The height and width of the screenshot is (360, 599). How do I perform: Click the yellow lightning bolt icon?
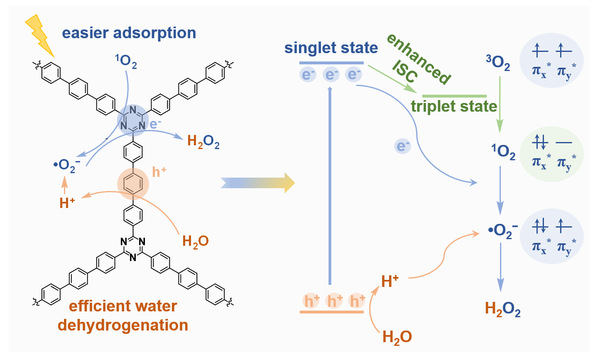pos(40,35)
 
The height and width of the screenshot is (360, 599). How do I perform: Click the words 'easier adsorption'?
pos(129,33)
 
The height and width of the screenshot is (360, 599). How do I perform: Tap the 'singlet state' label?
pos(331,48)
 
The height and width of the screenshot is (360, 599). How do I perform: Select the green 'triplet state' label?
pos(454,106)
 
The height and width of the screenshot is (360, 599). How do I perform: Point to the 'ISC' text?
pos(404,72)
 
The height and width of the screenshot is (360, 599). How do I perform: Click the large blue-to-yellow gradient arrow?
pos(258,183)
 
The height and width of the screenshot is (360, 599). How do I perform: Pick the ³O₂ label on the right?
pos(498,62)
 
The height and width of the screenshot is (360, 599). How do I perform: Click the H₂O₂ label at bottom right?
pos(503,309)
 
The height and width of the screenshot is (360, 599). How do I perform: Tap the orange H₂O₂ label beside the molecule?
pos(203,141)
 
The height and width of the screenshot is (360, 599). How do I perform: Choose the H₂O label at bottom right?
pos(397,337)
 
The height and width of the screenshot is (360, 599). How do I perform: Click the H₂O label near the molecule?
pos(195,241)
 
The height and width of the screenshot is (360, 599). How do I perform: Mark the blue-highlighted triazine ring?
pos(133,120)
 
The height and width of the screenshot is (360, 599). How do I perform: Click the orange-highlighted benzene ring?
pos(133,184)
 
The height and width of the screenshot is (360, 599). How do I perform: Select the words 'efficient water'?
pos(123,306)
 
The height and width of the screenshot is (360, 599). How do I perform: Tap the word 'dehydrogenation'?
pos(123,325)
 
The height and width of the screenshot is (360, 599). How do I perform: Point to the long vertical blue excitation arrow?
pos(330,186)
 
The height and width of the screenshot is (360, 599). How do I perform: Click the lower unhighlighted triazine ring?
pos(133,247)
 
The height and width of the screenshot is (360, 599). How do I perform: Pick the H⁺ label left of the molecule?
pos(67,203)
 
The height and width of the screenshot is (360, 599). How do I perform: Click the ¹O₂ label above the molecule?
pos(126,62)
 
